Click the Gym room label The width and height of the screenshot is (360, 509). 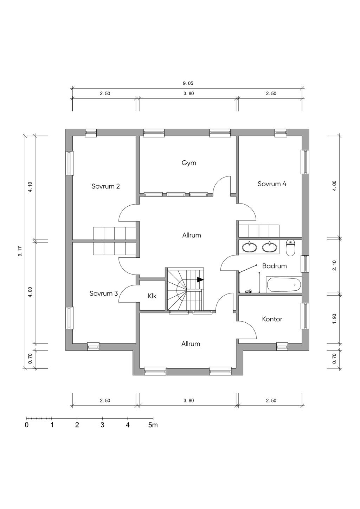tap(189, 163)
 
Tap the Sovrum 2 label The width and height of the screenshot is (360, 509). tap(105, 186)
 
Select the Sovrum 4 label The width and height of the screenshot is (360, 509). tap(272, 184)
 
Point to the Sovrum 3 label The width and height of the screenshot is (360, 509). tap(103, 293)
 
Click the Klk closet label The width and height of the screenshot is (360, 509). tap(152, 296)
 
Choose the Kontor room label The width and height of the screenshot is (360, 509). tap(272, 319)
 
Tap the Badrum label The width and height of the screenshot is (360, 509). tap(274, 266)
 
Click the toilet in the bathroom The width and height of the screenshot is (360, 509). tap(290, 248)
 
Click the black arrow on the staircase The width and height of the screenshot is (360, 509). tap(200, 280)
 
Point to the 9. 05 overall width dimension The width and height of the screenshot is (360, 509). tap(188, 84)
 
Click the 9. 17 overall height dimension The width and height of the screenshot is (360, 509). tap(20, 251)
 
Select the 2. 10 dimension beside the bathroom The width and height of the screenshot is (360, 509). tap(334, 265)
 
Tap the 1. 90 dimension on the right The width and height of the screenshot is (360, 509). tap(334, 319)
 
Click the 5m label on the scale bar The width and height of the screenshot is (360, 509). tap(153, 425)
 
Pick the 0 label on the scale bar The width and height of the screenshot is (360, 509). tap(27, 425)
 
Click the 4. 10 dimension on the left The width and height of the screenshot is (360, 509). tap(30, 187)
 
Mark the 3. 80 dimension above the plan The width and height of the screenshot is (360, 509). tap(188, 94)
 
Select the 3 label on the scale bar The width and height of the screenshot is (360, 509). tap(102, 425)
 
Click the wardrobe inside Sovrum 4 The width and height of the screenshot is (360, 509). tap(259, 231)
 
